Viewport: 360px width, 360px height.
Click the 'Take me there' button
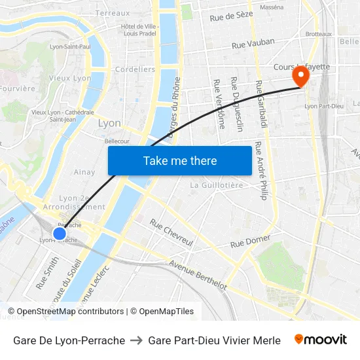point(180,160)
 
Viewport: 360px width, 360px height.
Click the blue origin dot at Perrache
point(60,233)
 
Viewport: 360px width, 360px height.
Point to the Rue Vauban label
point(254,43)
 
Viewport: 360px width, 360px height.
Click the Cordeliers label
point(135,69)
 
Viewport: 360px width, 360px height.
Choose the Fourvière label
point(18,88)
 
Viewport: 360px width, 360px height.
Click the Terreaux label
point(113,12)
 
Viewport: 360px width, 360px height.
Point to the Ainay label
point(84,172)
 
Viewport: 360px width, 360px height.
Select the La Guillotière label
point(216,185)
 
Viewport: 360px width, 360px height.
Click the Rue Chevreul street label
point(171,232)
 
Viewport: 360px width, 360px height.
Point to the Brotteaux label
point(319,34)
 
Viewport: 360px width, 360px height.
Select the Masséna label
point(272,7)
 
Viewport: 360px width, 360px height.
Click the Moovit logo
point(320,340)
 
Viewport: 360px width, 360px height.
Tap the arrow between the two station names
point(136,340)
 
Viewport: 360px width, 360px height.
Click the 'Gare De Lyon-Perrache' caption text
point(69,340)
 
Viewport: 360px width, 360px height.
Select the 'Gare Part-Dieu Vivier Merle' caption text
point(214,340)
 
